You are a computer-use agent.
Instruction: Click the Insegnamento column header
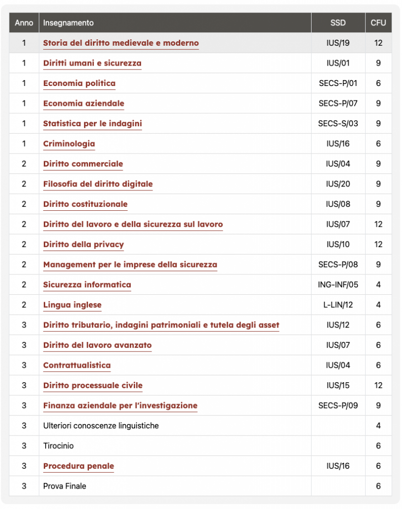pos(68,23)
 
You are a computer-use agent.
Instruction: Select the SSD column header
pos(338,23)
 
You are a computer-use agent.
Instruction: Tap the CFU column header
pos(378,23)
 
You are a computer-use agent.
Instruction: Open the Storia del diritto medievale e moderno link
pos(121,43)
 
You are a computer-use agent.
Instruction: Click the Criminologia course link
pos(69,144)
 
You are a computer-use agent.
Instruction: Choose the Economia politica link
pos(79,83)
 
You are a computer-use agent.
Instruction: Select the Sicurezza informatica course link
pos(87,285)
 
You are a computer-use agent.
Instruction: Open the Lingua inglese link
pos(72,305)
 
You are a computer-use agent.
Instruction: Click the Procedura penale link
pos(79,466)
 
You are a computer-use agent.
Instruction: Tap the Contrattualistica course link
pos(77,365)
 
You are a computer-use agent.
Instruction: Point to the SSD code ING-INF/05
pos(338,285)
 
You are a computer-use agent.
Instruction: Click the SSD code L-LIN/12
pos(338,305)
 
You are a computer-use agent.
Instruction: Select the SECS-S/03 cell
pos(338,123)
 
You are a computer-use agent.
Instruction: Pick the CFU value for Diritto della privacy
pos(378,244)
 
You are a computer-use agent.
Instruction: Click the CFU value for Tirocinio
pos(378,446)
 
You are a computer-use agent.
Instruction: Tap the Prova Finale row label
pos(65,486)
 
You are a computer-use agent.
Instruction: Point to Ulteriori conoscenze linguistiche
pos(101,425)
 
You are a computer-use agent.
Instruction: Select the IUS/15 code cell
pos(338,385)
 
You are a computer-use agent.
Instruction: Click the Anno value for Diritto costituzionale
pos(24,204)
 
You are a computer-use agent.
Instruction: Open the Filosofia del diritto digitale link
pos(98,184)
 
